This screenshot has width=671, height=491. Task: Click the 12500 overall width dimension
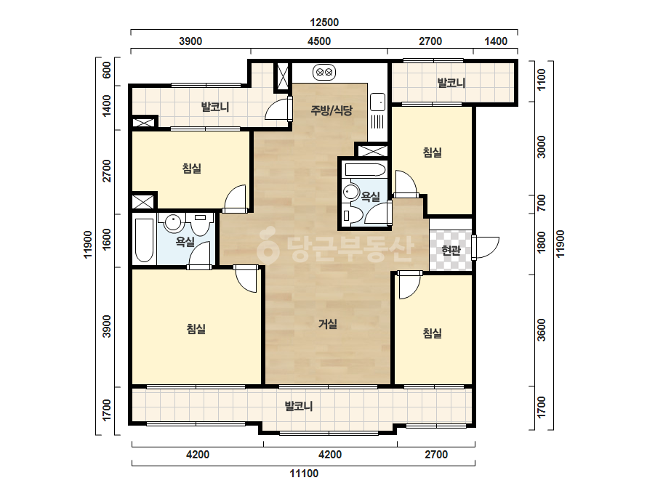point(324,23)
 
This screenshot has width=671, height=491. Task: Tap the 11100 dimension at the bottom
point(304,474)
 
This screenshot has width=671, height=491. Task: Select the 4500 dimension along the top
point(319,41)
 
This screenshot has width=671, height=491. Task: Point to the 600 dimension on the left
point(107,70)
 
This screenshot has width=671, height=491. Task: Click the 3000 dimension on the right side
point(542,147)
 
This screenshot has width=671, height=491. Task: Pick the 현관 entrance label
point(451,250)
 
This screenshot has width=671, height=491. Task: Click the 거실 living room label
point(328,324)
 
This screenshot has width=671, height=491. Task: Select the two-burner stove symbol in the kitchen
point(324,72)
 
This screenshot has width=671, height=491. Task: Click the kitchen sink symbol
point(377,102)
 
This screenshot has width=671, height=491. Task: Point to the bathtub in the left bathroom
point(144,240)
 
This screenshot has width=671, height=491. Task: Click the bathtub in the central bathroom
point(366,170)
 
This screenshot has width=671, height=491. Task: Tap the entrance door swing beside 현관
point(486,248)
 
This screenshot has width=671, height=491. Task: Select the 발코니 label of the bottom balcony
point(299,405)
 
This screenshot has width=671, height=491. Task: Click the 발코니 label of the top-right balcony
point(451,83)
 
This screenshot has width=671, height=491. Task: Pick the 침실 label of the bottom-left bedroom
point(196,328)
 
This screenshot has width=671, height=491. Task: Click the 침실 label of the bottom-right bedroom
point(433,333)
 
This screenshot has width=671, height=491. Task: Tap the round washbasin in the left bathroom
point(173,222)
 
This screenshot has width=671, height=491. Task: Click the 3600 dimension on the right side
point(542,330)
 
